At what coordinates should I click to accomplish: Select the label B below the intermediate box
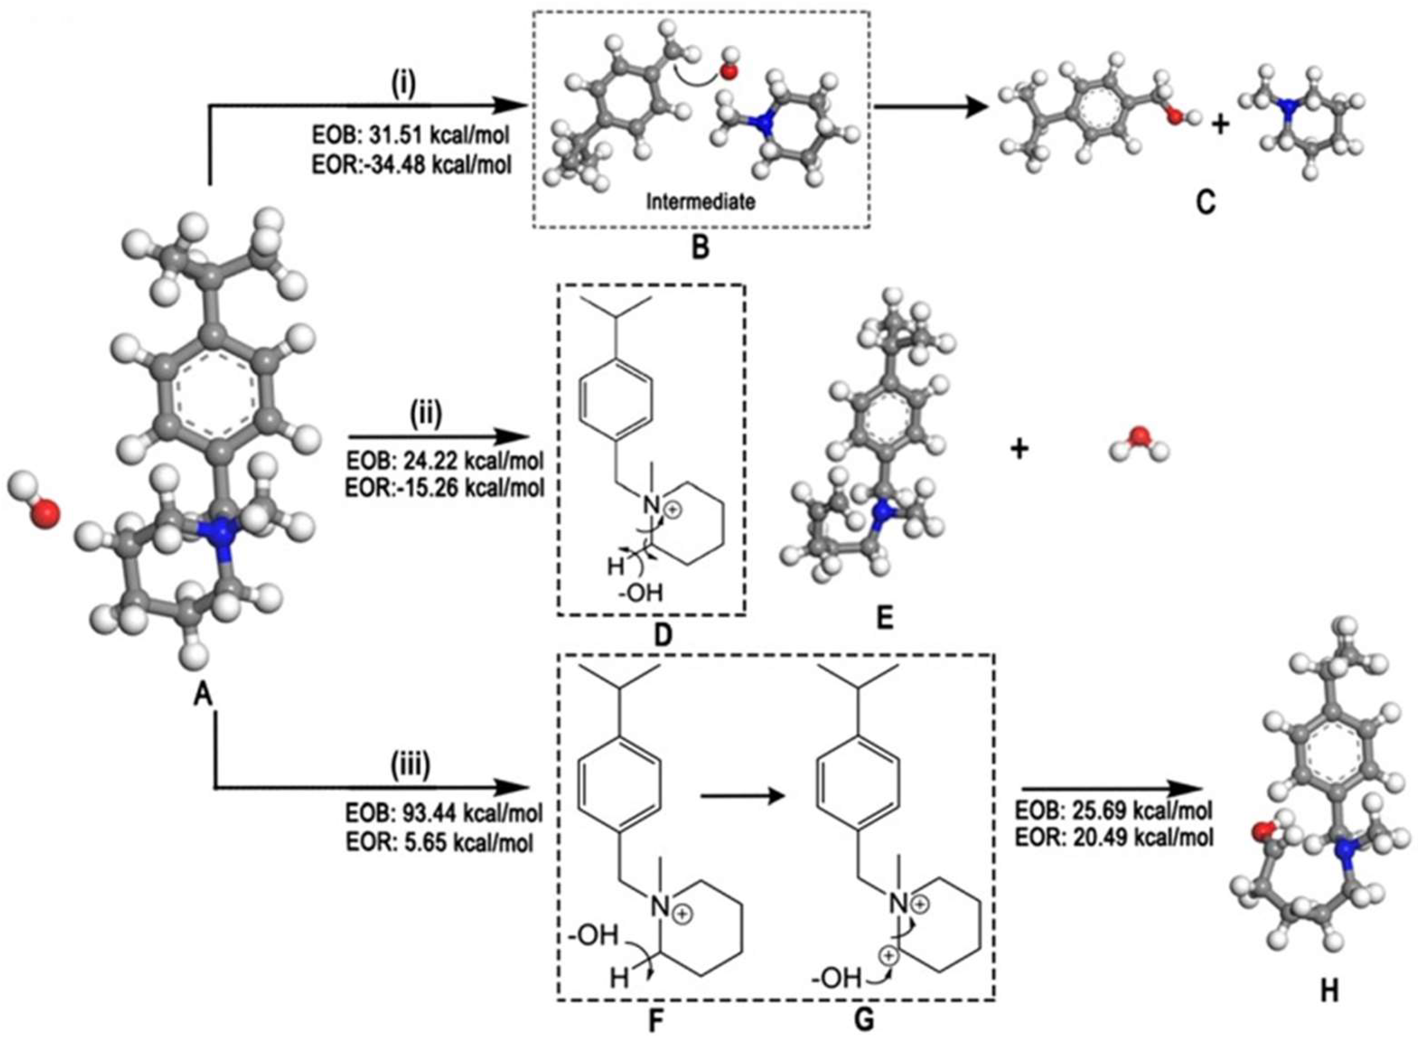(x=700, y=248)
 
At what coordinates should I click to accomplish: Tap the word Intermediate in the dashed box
(x=700, y=201)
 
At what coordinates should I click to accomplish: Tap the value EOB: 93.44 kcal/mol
(x=443, y=813)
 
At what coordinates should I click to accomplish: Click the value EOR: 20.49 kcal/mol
(x=1114, y=838)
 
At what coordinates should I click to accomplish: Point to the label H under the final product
(x=1329, y=991)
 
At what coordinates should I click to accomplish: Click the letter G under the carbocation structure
(x=864, y=1019)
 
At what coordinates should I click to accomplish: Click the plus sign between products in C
(x=1221, y=125)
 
